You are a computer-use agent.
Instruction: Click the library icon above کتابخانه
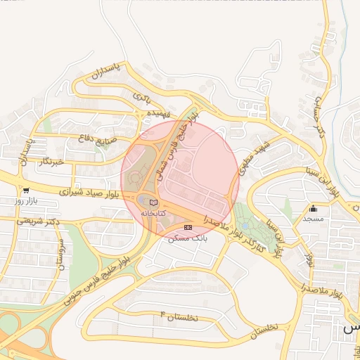pos(154,202)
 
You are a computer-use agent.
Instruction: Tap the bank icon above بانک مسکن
pos(187,228)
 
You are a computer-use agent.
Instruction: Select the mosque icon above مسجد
pos(313,208)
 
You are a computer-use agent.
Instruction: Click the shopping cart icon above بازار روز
pos(26,190)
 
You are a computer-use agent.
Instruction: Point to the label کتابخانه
pos(154,212)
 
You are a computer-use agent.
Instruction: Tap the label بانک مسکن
pos(188,238)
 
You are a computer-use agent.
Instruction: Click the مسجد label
pos(313,219)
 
